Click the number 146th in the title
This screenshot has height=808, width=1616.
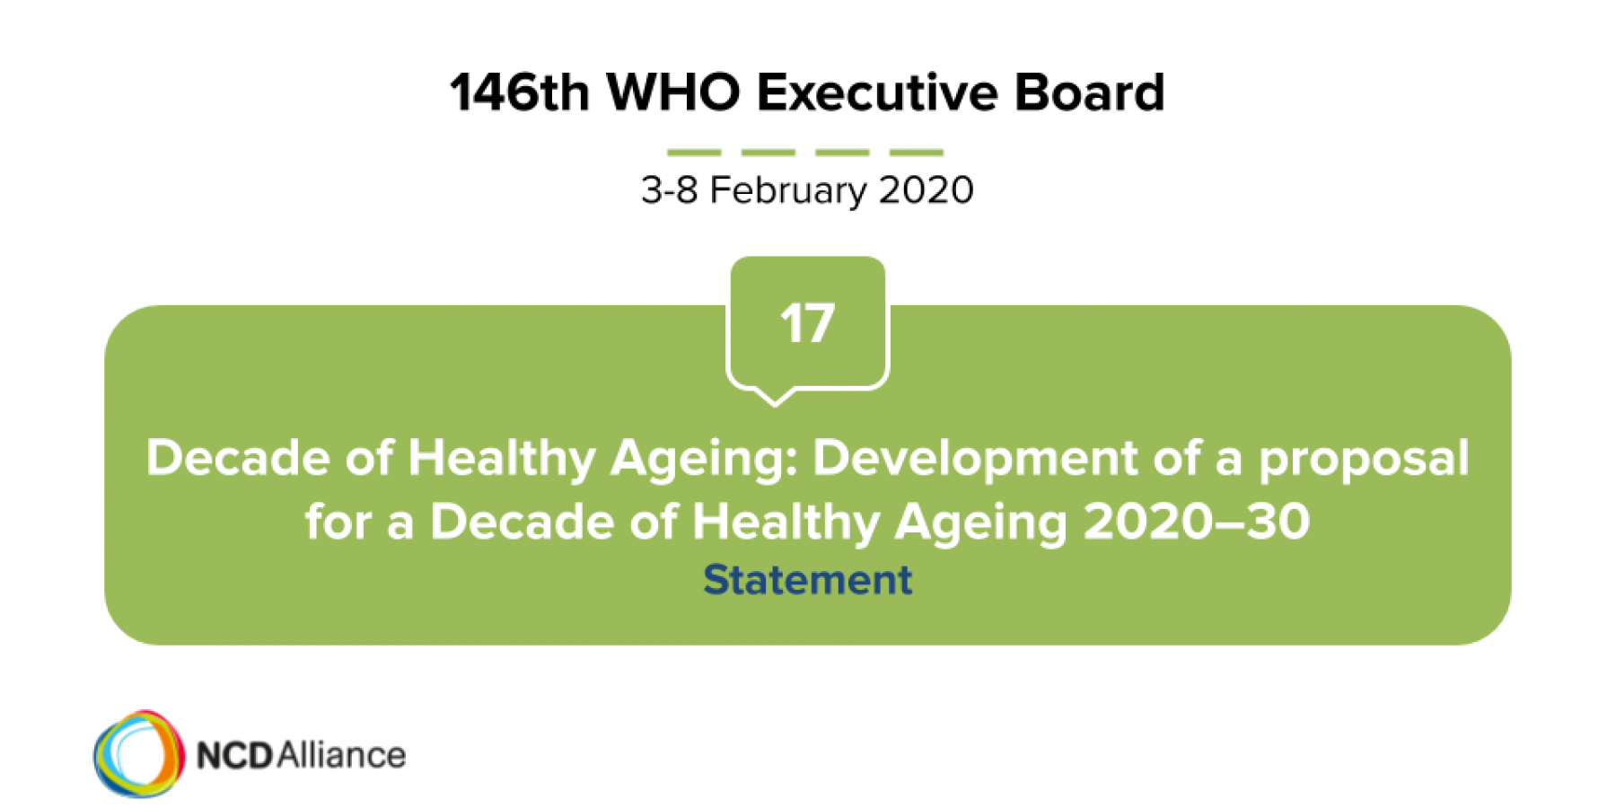click(520, 92)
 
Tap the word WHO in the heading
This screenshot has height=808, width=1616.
click(673, 92)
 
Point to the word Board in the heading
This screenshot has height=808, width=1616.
click(1089, 92)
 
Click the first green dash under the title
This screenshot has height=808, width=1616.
click(694, 152)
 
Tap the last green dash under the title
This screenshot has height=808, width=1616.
click(917, 152)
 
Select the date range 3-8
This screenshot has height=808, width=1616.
click(670, 190)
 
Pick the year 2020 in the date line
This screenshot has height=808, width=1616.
click(926, 190)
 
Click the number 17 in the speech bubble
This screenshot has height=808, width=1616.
click(807, 323)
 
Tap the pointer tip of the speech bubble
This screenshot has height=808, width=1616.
click(774, 406)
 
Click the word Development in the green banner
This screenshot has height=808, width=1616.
click(976, 459)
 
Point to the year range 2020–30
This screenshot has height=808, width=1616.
click(1197, 522)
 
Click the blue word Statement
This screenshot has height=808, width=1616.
click(807, 580)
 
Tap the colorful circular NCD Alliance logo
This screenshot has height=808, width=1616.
click(139, 753)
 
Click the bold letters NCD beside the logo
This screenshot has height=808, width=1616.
click(234, 756)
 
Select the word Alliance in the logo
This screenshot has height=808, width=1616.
click(341, 755)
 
